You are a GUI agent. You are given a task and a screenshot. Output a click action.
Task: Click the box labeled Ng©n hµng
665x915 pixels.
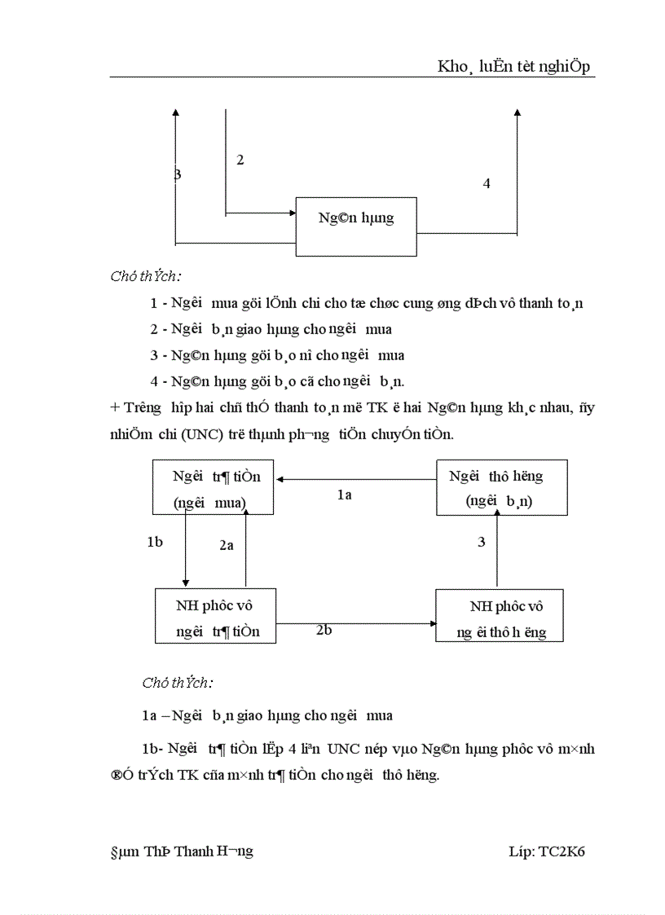pos(356,227)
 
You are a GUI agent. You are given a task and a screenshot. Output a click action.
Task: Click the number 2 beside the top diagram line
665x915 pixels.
pos(240,160)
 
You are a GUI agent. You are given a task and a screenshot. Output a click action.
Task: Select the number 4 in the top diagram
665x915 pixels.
pos(487,183)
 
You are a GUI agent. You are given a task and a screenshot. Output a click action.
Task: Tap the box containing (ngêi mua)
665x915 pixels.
pos(213,487)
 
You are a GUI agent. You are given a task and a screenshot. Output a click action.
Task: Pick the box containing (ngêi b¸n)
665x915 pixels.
pos(501,487)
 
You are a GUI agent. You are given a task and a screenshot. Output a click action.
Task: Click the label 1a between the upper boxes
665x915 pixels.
pos(344,495)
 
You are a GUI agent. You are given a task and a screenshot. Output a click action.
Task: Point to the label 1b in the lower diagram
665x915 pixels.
pos(155,542)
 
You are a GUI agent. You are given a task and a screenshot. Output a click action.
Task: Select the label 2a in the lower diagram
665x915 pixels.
pos(227,546)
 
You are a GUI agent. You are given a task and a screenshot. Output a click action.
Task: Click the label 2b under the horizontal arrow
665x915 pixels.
pos(324,629)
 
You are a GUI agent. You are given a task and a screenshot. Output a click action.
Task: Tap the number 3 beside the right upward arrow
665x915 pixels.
pos(482,542)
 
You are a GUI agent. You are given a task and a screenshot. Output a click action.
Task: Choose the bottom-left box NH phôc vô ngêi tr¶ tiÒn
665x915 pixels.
pos(215,617)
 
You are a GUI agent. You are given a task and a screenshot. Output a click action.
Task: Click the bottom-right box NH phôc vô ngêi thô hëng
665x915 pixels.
pos(499,616)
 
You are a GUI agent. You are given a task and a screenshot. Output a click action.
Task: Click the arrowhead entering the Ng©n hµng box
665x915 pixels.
pos(291,213)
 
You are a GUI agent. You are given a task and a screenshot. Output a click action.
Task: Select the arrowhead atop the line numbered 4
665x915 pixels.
pos(517,114)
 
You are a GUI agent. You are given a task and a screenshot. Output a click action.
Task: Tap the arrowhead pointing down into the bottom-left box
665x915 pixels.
pos(186,582)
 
